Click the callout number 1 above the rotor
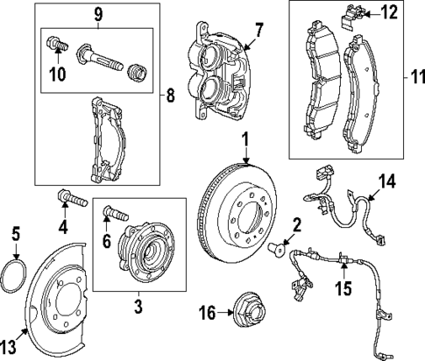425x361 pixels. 246,138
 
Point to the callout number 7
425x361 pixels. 259,30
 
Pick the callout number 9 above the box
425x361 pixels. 98,13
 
